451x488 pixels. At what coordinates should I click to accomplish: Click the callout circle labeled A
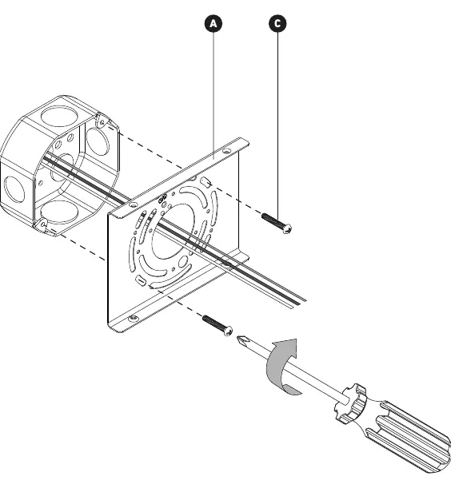tap(214, 24)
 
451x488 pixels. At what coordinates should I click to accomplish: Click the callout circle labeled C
tap(277, 24)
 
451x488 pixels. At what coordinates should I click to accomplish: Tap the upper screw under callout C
tap(277, 223)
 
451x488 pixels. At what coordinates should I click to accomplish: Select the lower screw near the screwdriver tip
tap(218, 325)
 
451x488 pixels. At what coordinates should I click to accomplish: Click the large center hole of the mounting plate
tap(173, 232)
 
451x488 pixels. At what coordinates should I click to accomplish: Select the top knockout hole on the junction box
tap(58, 116)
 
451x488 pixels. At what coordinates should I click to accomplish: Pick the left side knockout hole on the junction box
tap(14, 188)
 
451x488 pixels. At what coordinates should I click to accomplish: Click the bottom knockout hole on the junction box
tap(59, 212)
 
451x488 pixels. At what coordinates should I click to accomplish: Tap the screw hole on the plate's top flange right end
tap(227, 152)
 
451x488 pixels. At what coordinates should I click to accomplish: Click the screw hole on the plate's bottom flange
tap(134, 318)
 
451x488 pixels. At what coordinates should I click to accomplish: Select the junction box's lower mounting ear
tap(42, 225)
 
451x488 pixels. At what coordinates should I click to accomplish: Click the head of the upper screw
tap(288, 228)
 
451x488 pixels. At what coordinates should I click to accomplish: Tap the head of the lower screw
tap(229, 331)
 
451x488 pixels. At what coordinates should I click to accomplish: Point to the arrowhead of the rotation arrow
tap(287, 347)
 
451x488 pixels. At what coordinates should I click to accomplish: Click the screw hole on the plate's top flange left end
tap(134, 204)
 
